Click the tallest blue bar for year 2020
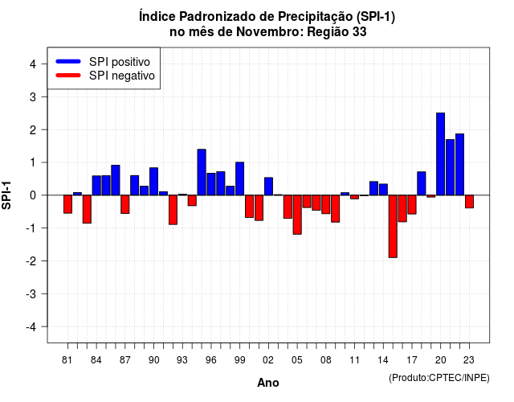(x=441, y=154)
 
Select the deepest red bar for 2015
(x=393, y=227)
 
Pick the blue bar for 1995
(x=202, y=172)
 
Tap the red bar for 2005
(x=297, y=215)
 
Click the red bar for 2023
(x=469, y=202)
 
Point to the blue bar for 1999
(x=239, y=178)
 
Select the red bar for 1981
(x=67, y=204)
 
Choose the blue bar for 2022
(x=459, y=164)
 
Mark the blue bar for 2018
(x=422, y=183)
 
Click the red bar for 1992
(x=173, y=210)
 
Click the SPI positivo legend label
(x=120, y=62)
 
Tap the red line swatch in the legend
(x=68, y=76)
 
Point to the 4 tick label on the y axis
(x=33, y=64)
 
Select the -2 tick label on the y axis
(x=31, y=261)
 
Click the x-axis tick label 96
(x=211, y=360)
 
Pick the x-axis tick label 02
(x=268, y=360)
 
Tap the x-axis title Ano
(x=268, y=383)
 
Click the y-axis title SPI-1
(x=6, y=195)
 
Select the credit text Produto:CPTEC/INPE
(x=439, y=378)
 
